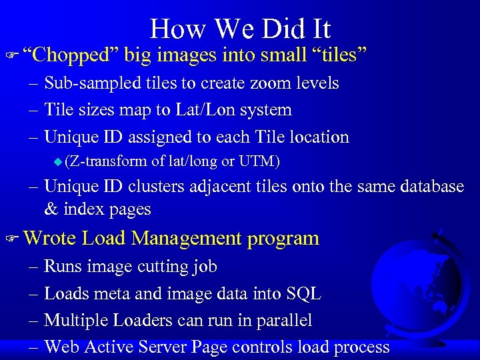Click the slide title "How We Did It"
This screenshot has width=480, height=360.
240,29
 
